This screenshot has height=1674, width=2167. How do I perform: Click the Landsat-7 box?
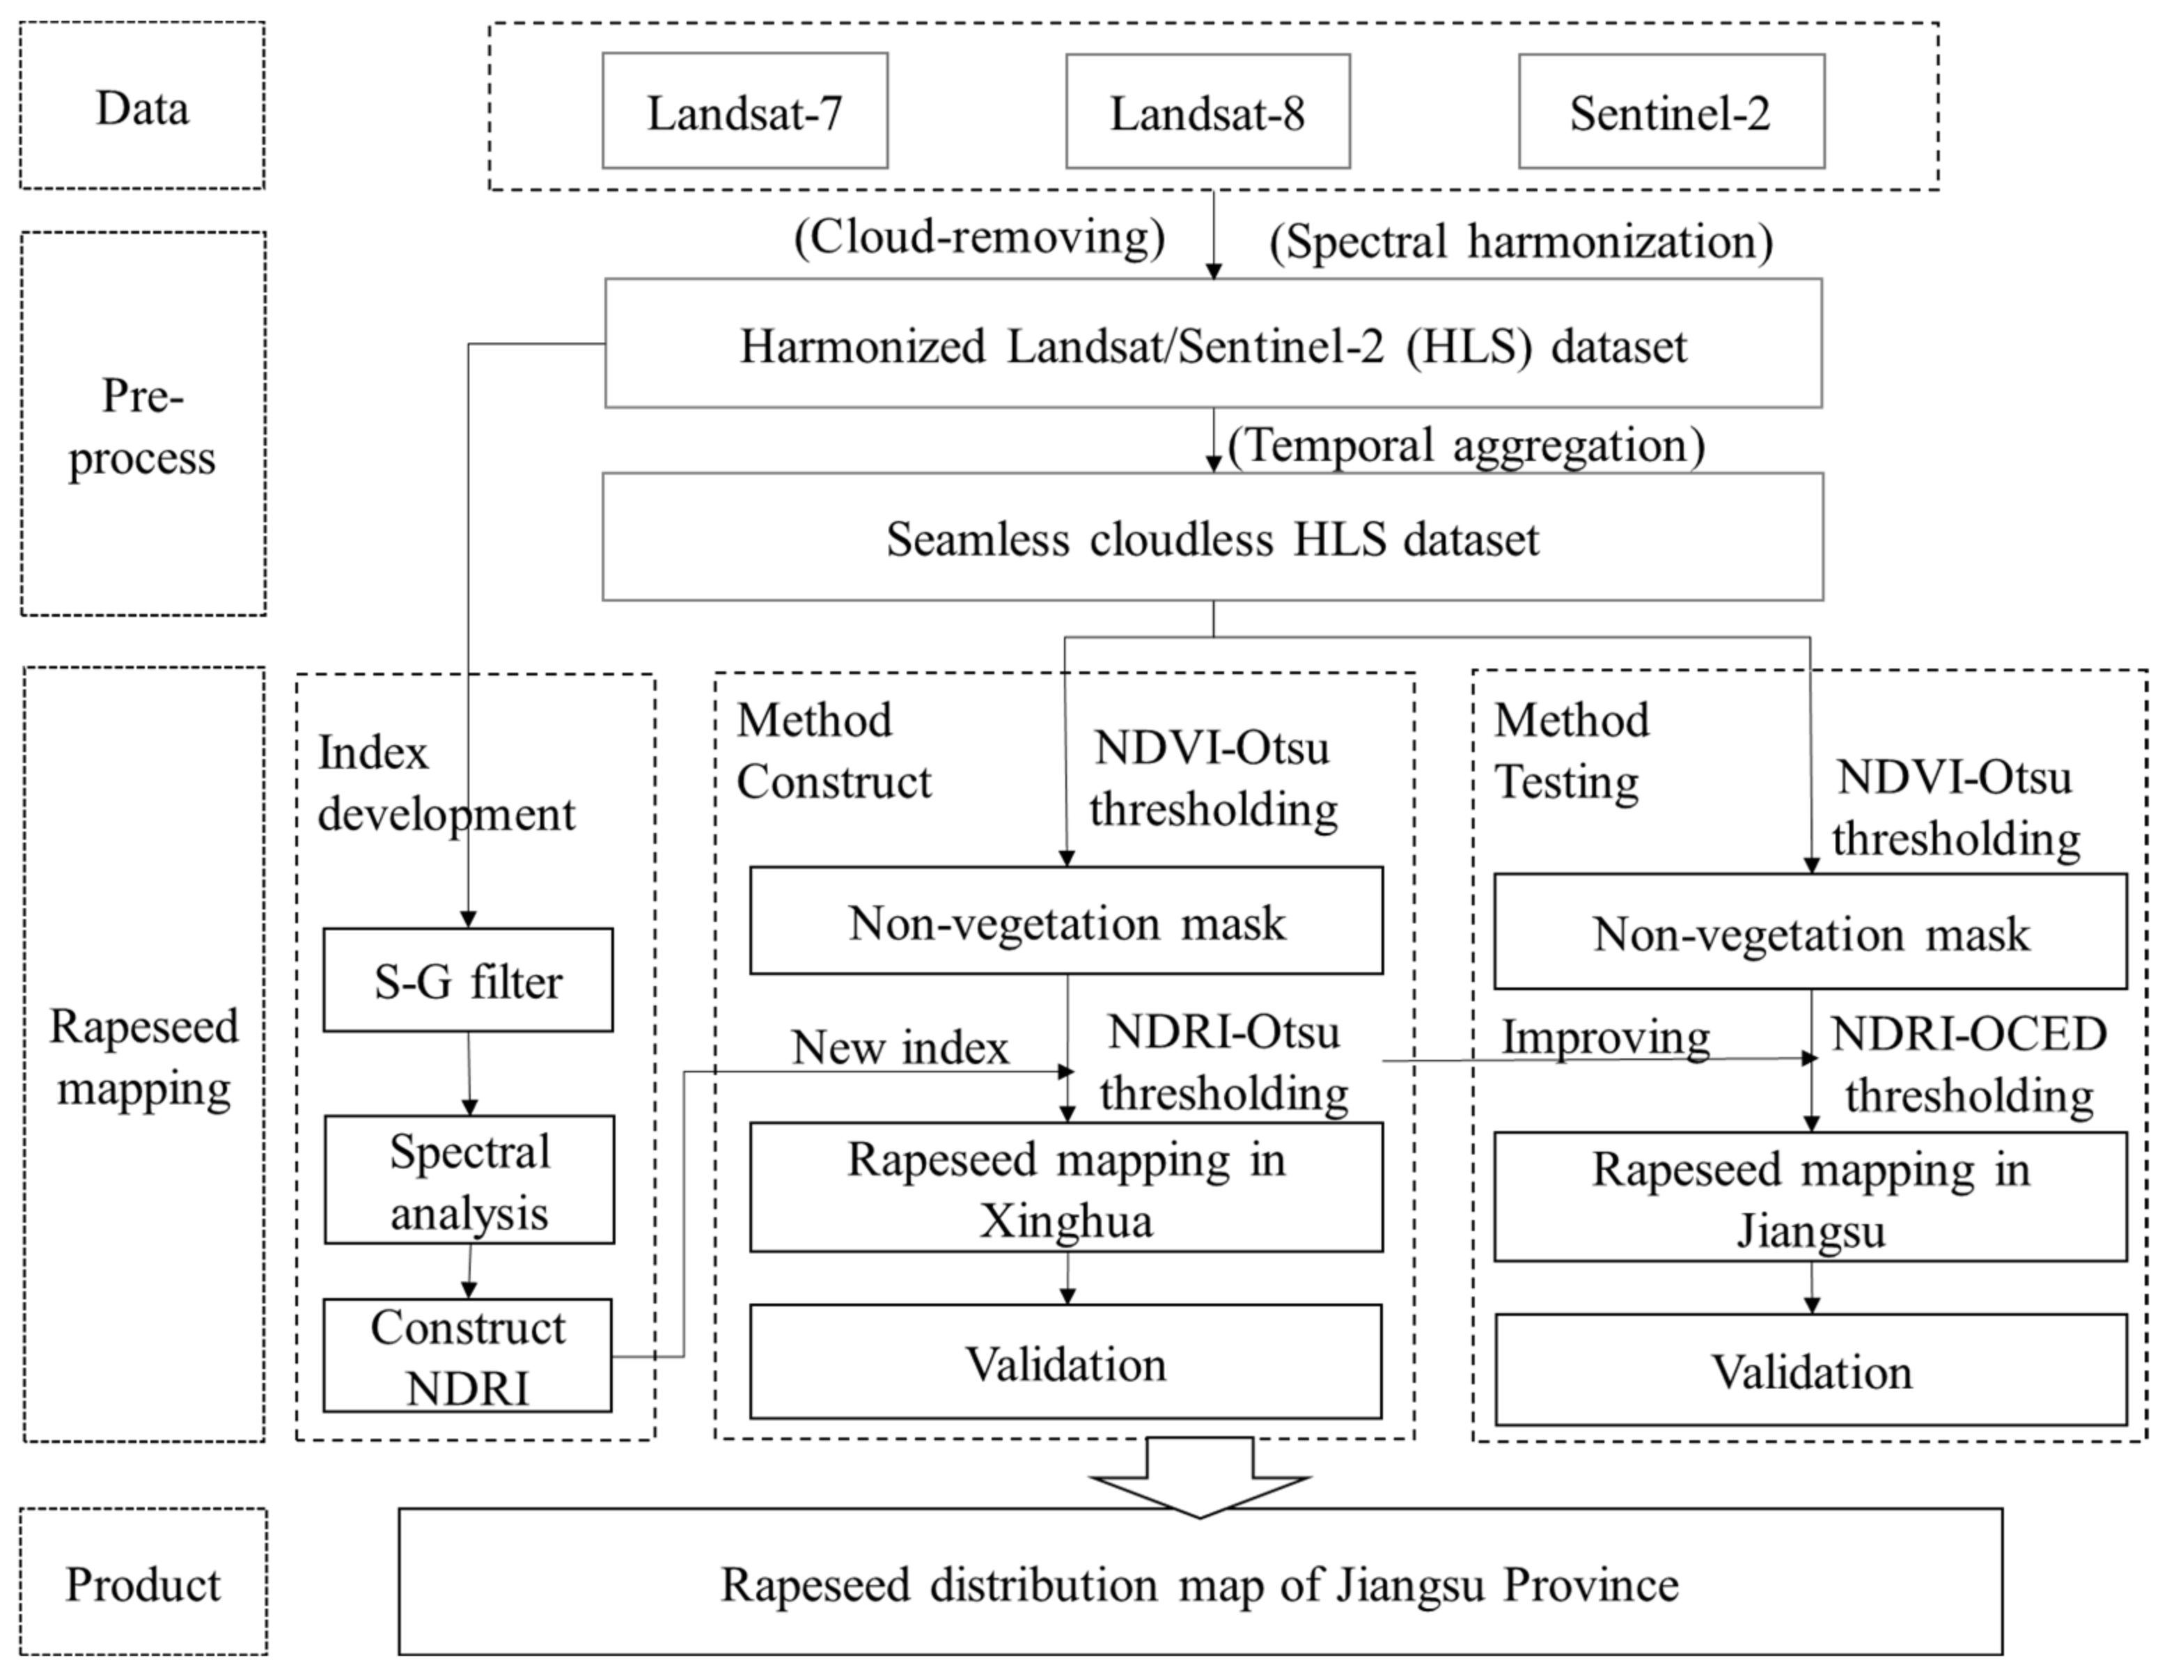tap(744, 111)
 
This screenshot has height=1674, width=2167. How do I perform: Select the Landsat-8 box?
tap(1207, 111)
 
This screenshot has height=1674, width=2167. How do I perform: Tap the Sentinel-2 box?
tap(1671, 111)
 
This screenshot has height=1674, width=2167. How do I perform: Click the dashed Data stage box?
tap(142, 106)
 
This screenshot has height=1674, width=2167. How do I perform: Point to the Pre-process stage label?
tap(142, 427)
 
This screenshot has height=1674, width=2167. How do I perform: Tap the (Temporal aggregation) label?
tap(1466, 446)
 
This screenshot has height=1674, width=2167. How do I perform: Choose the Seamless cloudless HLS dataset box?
tap(1212, 538)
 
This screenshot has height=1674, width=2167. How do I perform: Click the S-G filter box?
tap(467, 980)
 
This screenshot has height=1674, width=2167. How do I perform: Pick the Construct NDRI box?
tap(467, 1356)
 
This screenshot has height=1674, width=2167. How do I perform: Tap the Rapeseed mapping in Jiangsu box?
tap(1810, 1198)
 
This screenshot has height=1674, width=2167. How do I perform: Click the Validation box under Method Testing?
tap(1810, 1371)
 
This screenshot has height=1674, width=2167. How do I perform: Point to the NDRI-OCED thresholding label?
tap(1969, 1065)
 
